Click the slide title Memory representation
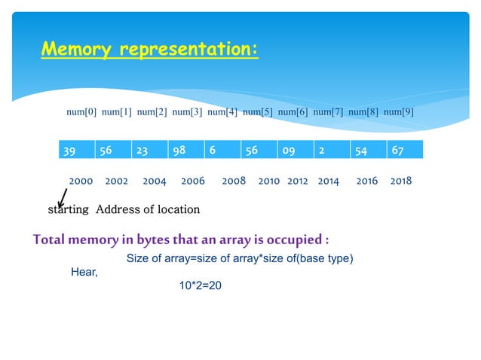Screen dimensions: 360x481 (149, 50)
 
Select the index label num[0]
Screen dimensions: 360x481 (81, 112)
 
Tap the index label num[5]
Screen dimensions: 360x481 (258, 112)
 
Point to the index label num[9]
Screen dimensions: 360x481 (399, 112)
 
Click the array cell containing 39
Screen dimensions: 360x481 (76, 149)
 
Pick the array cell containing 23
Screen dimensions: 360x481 (149, 149)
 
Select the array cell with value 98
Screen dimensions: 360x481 (185, 149)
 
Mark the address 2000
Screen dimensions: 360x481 (81, 182)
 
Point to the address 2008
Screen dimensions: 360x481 (234, 182)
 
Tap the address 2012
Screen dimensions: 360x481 (298, 182)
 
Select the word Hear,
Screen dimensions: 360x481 (84, 271)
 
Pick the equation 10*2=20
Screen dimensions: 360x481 (195, 286)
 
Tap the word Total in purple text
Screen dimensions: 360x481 (51, 240)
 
